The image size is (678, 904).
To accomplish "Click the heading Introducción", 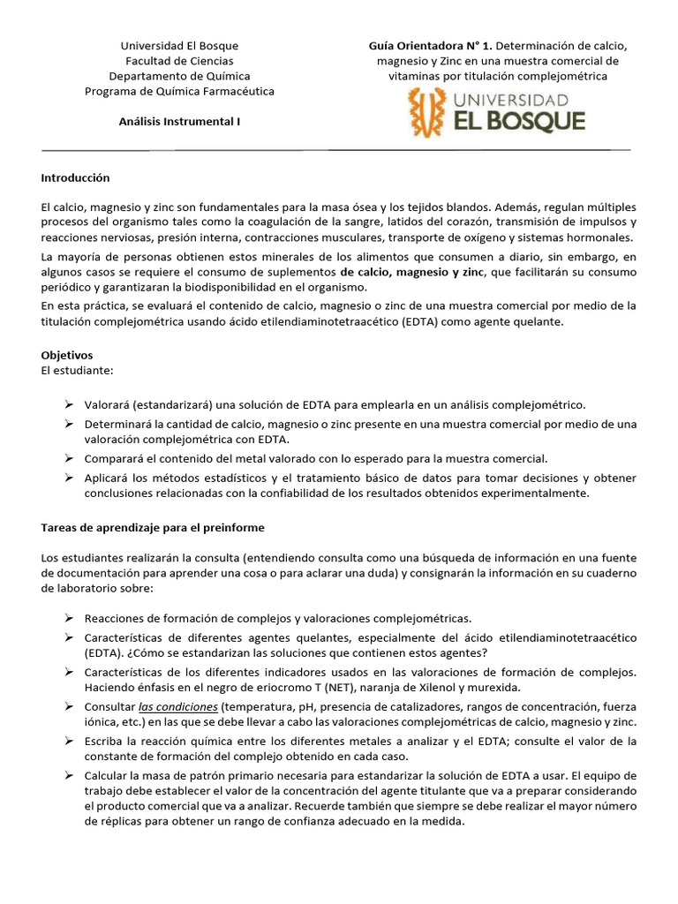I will point(75,177).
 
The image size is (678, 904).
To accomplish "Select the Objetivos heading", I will point(67,354).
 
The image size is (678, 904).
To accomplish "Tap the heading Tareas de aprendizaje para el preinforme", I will point(153,527).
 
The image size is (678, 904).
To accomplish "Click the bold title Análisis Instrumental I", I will point(179,123).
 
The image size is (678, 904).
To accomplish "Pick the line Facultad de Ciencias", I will point(179,61).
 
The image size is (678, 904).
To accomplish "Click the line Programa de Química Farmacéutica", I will point(179,91).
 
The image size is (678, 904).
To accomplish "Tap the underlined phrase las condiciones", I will point(177,707).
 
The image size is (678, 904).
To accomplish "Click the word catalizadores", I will point(415,707).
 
